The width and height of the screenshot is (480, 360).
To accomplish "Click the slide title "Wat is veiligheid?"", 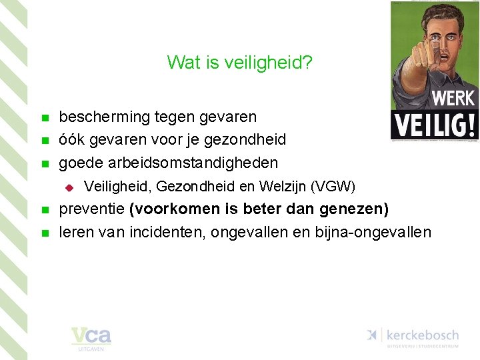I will point(240,63).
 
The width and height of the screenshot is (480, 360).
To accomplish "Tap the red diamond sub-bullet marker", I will point(67,186).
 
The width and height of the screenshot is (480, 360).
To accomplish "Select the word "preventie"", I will point(93,209).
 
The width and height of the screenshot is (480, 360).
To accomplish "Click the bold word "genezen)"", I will point(354,209).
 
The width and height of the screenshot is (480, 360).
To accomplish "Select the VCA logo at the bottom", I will point(91,338).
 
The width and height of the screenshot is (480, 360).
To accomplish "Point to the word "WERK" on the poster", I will point(453,99).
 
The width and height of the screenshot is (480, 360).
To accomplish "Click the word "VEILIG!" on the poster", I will point(433,125).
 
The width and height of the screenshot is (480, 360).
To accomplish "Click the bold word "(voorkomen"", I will point(175,209).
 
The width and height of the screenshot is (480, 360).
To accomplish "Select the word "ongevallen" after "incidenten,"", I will point(246,232).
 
